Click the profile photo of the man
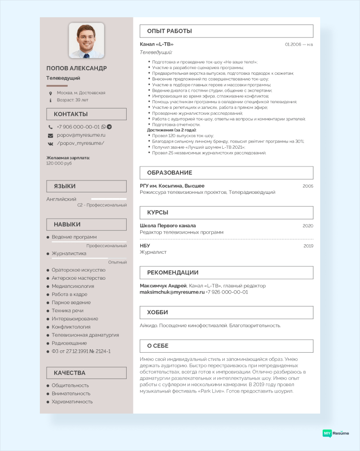[x=86, y=40]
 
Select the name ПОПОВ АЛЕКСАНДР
[x=77, y=68]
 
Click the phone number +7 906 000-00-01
[x=78, y=127]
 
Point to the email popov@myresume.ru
[x=81, y=135]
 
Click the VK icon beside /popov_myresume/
[x=50, y=143]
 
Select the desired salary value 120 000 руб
[x=59, y=163]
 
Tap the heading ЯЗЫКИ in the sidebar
[x=64, y=186]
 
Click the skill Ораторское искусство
[x=79, y=270]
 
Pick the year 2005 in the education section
[x=308, y=186]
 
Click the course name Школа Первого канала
[x=168, y=225]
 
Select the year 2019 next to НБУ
[x=308, y=246]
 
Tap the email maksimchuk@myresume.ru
[x=172, y=292]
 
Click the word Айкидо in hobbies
[x=148, y=325]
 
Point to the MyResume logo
[x=336, y=433]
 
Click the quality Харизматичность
[x=72, y=402]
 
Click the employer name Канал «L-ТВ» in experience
[x=156, y=44]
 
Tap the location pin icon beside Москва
[x=50, y=93]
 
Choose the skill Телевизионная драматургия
[x=85, y=335]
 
